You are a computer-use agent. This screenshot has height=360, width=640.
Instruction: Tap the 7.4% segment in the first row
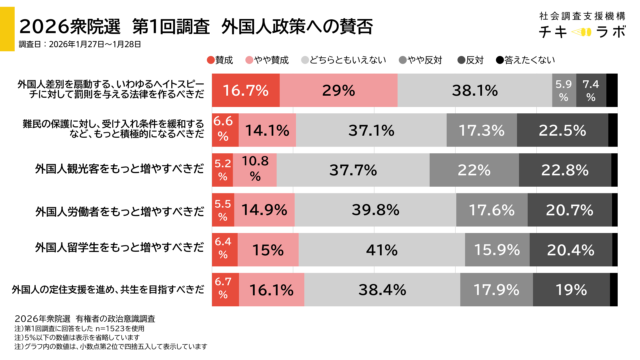[x=591, y=90]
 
